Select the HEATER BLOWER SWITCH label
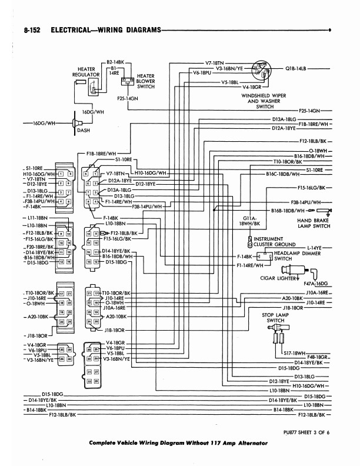pyautogui.click(x=145, y=81)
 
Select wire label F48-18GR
pyautogui.click(x=318, y=357)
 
